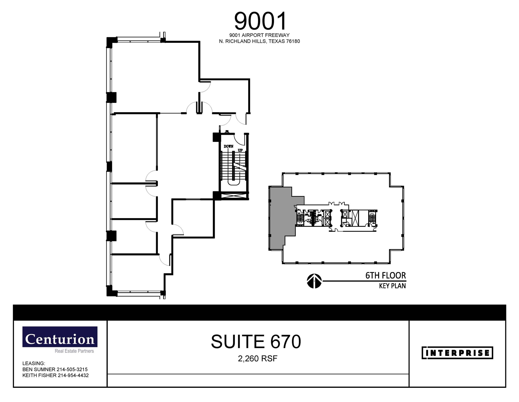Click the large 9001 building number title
point(260,21)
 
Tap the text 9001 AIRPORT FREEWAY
point(259,35)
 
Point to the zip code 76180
point(293,41)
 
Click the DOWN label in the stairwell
point(228,146)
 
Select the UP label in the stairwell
point(240,150)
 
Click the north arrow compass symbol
point(314,281)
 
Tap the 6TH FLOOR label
point(385,275)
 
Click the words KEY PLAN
point(392,286)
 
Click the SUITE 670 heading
point(256,342)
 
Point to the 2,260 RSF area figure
point(257,359)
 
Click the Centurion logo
point(60,337)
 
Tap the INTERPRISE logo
point(457,353)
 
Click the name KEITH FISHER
point(39,375)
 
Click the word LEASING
point(34,363)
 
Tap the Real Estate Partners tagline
point(74,351)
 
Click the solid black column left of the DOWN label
point(216,137)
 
